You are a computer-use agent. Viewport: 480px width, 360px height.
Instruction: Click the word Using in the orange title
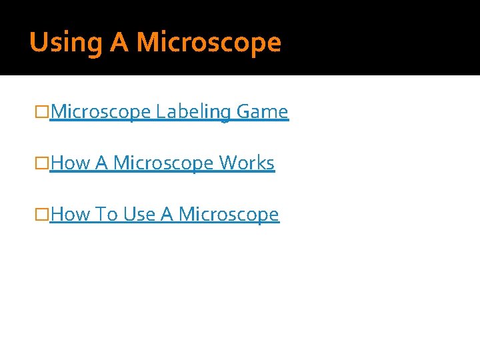tap(66, 43)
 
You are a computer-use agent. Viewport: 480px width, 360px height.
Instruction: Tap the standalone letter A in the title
tap(119, 43)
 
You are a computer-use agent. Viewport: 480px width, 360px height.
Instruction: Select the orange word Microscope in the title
tap(209, 43)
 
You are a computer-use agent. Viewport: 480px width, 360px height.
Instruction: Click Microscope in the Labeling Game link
tap(101, 112)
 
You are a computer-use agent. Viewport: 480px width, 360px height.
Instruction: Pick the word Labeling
tap(193, 112)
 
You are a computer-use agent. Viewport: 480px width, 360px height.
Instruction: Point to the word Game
tap(262, 112)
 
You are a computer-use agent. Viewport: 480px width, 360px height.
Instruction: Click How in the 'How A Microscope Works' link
tap(71, 163)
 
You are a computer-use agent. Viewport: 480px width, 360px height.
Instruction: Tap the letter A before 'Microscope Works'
tap(102, 163)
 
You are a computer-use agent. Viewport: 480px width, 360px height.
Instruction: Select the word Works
tap(247, 163)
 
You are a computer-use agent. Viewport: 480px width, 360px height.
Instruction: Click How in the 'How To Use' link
tap(71, 215)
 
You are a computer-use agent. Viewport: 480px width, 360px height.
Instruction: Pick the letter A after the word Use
tap(167, 215)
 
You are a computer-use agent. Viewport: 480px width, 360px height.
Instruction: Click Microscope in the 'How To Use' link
tap(229, 215)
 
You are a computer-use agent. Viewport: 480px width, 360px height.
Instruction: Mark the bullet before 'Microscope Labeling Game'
tap(44, 112)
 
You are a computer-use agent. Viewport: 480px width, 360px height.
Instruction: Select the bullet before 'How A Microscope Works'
tap(44, 163)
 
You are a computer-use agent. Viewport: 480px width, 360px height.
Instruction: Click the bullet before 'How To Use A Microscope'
tap(44, 215)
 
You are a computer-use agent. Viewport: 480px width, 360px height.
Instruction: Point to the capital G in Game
tap(243, 112)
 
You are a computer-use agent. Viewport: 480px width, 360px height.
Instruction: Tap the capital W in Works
tap(227, 163)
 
